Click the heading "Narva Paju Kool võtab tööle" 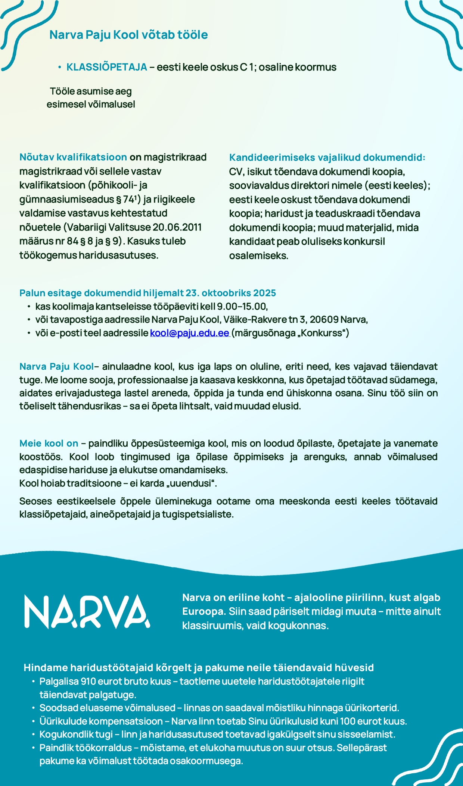click(x=128, y=35)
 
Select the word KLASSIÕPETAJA click(x=107, y=67)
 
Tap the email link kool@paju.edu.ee click(x=189, y=333)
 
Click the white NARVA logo click(x=87, y=612)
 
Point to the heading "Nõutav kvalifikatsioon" click(x=73, y=157)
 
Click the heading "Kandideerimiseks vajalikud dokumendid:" click(x=327, y=157)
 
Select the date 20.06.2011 click(x=177, y=227)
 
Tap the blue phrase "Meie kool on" click(x=49, y=444)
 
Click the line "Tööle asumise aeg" click(x=91, y=91)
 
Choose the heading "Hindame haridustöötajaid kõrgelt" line click(x=199, y=668)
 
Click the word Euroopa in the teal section click(x=203, y=611)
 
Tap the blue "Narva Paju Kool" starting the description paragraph click(x=56, y=367)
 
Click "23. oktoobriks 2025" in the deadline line click(x=231, y=293)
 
